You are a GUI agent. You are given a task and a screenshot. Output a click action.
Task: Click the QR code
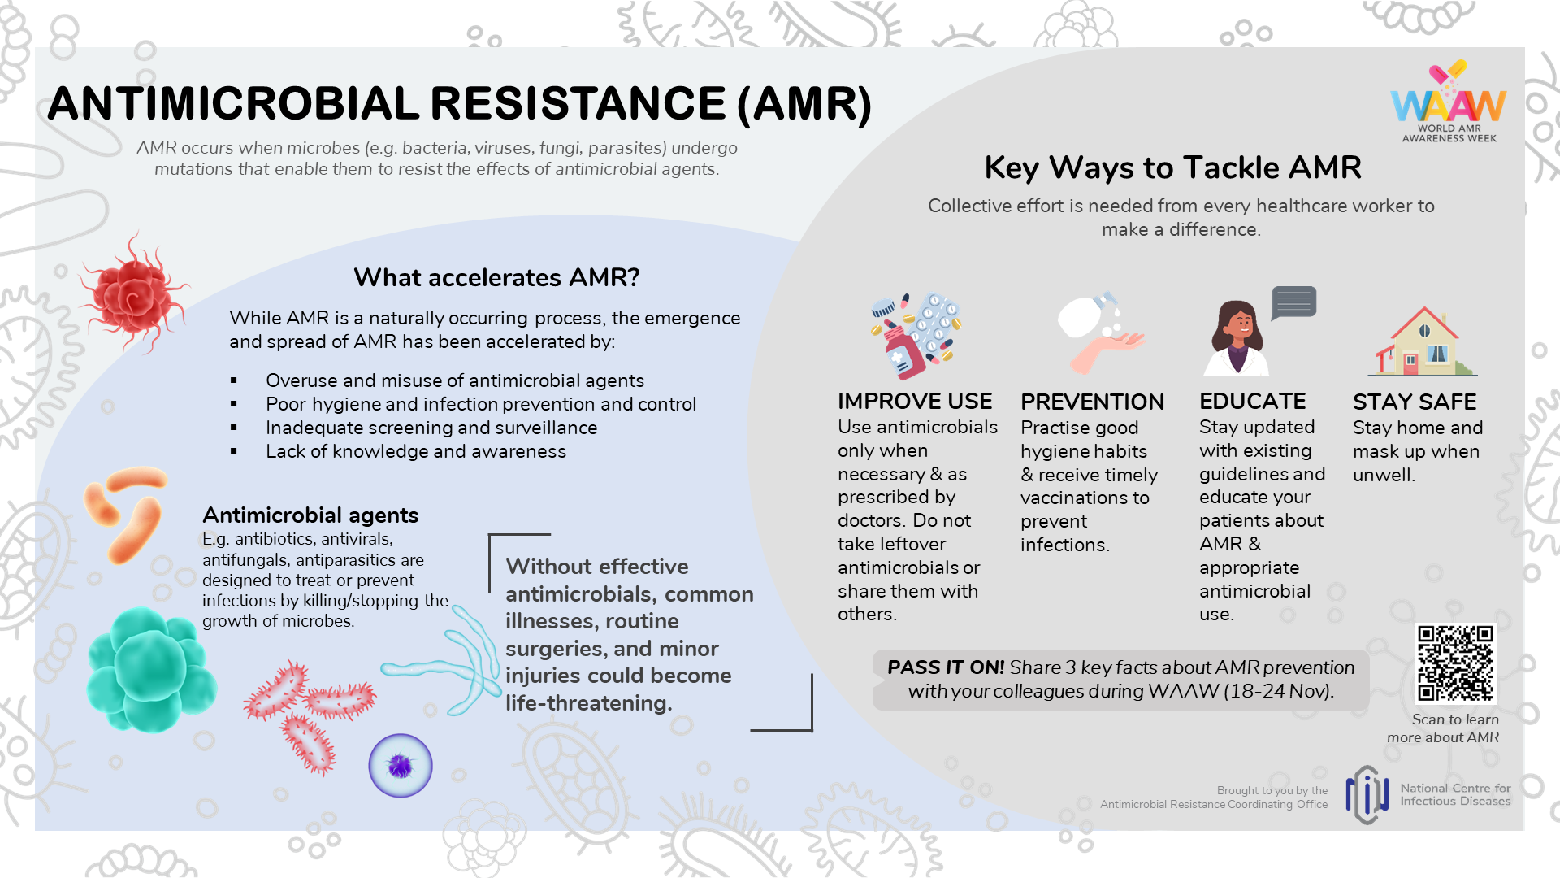(x=1455, y=663)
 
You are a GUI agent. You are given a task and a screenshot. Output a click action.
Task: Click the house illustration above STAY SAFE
(x=1422, y=342)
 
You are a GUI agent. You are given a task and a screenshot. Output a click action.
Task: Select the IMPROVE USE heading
(x=915, y=402)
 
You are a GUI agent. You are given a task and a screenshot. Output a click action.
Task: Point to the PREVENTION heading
(x=1092, y=402)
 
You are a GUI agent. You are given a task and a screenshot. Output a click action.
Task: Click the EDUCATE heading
(x=1252, y=402)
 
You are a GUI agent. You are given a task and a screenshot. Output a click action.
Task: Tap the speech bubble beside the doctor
(x=1293, y=302)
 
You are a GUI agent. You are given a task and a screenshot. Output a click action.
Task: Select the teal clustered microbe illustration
(x=150, y=669)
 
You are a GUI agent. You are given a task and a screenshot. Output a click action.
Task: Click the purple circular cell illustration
(x=401, y=766)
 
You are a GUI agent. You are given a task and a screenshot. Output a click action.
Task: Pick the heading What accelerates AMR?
(x=496, y=278)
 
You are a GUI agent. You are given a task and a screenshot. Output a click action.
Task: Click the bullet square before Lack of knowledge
(x=234, y=451)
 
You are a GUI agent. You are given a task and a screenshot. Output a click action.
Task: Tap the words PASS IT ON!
(x=945, y=667)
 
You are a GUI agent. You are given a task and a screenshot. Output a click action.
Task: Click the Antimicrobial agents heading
(x=310, y=515)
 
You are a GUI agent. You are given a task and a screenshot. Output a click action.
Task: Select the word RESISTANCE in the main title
(x=578, y=104)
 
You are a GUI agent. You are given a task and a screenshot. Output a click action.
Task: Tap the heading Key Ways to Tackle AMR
(x=1172, y=168)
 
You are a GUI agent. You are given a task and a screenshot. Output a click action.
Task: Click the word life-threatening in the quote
(x=588, y=703)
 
